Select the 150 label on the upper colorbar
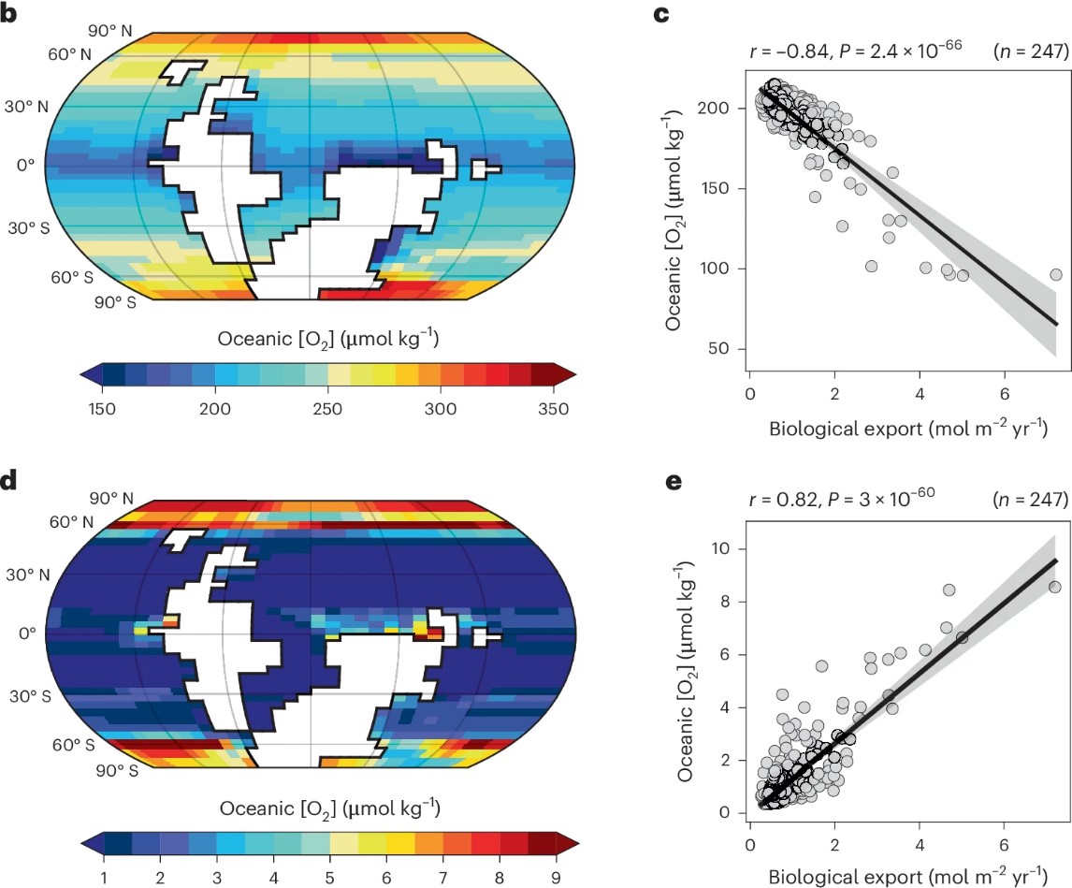point(102,408)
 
